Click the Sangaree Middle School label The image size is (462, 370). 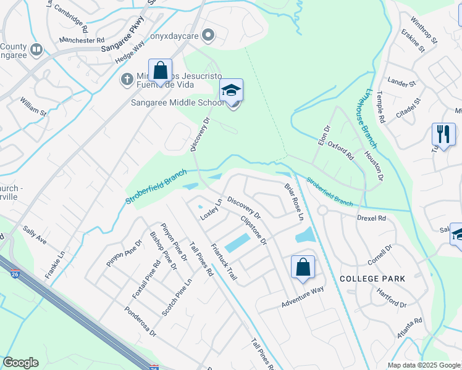click(177, 102)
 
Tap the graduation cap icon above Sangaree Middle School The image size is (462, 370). click(232, 90)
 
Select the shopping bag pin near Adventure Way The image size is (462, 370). click(303, 267)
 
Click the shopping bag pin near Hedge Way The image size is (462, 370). click(160, 70)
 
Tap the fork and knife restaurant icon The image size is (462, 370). click(443, 134)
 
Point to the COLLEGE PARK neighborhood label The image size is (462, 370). click(372, 279)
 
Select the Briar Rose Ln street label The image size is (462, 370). click(294, 201)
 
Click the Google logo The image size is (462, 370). click(20, 363)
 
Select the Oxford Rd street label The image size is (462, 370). click(340, 150)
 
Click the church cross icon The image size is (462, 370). click(127, 78)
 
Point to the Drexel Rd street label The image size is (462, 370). click(371, 218)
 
